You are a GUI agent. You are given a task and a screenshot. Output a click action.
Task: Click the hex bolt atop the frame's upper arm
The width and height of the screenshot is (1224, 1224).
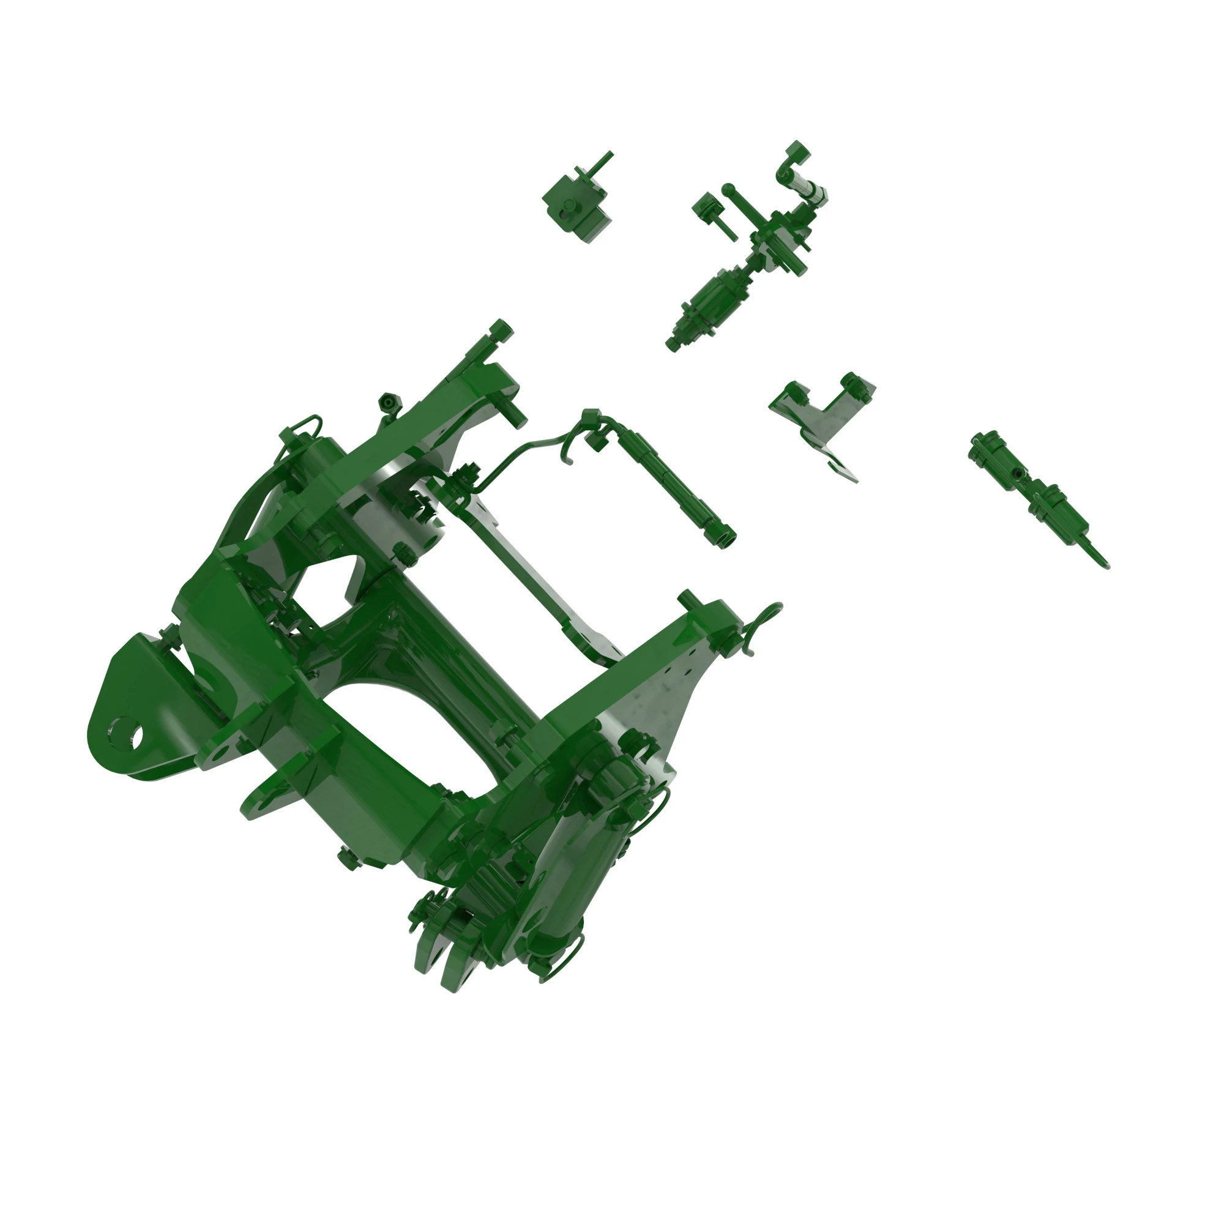click(386, 403)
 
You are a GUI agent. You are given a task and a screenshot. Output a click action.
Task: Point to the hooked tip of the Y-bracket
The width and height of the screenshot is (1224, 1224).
click(846, 472)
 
